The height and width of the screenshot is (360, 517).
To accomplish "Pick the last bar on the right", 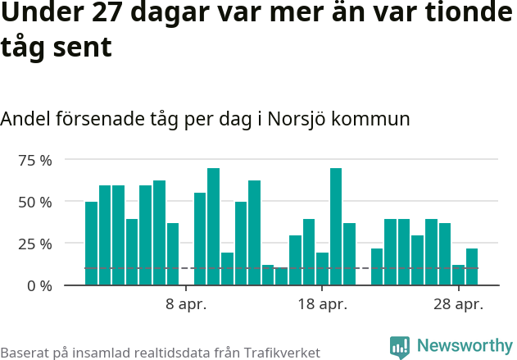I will click(472, 267).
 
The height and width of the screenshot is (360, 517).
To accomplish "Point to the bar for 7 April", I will click(173, 254).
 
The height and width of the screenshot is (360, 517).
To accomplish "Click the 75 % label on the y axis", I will click(34, 160).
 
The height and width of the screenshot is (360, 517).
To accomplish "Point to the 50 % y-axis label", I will click(34, 202).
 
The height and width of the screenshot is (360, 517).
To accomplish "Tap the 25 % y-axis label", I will click(34, 244).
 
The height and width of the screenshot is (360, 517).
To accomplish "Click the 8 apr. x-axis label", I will click(186, 305).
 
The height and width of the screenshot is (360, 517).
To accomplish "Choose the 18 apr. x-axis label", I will click(322, 305).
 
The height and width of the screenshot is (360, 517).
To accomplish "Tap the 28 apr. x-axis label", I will click(458, 305).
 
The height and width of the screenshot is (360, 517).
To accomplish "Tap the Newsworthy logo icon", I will click(400, 347).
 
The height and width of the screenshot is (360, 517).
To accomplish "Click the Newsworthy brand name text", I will click(464, 346).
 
